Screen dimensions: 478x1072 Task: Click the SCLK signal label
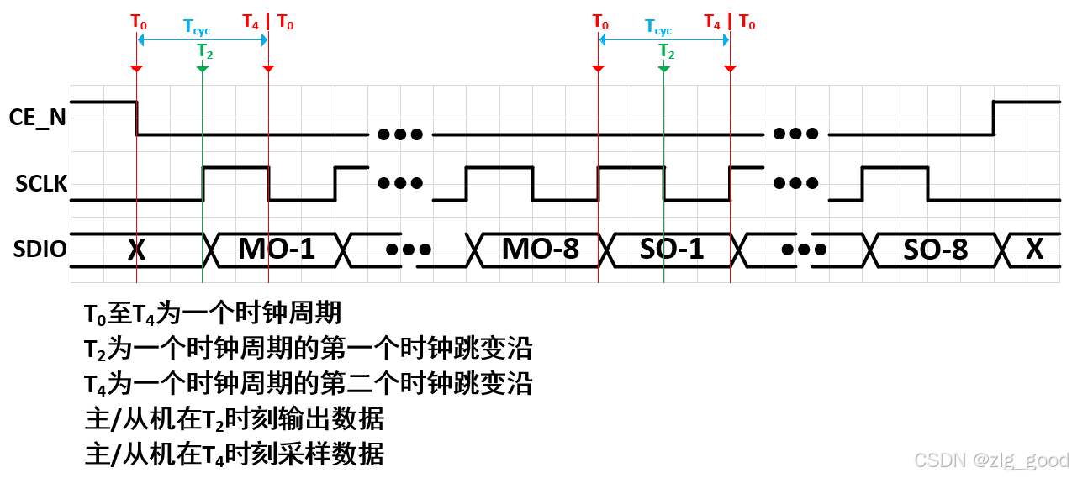[40, 185]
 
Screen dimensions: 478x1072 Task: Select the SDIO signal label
[40, 250]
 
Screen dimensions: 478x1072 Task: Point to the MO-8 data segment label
[540, 250]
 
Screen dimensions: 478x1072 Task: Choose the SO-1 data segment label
[672, 250]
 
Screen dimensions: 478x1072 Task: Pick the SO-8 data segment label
[935, 250]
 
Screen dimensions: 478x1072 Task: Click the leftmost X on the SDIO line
[136, 250]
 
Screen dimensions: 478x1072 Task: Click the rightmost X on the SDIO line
[1036, 250]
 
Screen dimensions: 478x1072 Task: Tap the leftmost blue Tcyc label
[198, 26]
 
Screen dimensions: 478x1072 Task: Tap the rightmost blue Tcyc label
[659, 26]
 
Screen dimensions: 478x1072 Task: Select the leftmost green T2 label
[205, 50]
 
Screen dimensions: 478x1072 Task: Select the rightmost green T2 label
[666, 50]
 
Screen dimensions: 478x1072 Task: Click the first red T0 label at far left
[138, 21]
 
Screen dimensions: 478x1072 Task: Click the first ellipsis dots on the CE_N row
[399, 134]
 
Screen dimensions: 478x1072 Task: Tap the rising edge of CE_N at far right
[994, 118]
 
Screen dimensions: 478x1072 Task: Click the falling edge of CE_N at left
[136, 118]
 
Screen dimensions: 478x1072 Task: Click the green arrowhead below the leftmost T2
[203, 68]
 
